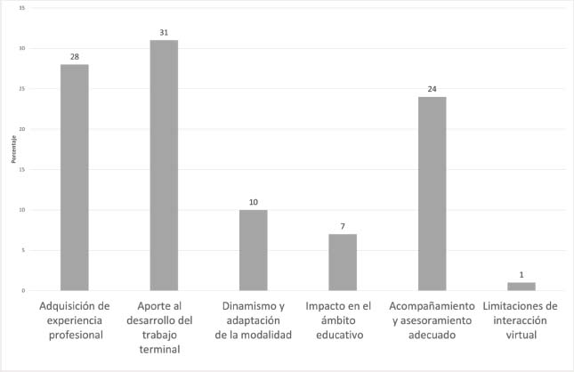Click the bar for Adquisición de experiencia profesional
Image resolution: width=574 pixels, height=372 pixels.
click(x=75, y=177)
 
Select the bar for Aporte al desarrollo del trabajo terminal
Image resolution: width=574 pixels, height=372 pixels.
click(x=164, y=166)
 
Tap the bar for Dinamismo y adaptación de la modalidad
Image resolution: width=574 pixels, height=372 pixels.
click(x=253, y=250)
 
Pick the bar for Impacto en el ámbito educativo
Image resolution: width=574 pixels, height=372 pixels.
click(x=343, y=263)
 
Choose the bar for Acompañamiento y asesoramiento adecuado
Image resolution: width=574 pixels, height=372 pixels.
click(x=432, y=193)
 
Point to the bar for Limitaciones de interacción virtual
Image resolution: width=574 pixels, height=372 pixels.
click(x=521, y=287)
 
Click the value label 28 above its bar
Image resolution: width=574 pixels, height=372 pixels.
click(x=75, y=57)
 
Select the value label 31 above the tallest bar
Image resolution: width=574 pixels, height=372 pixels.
click(x=164, y=33)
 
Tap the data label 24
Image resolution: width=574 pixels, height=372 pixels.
click(x=432, y=89)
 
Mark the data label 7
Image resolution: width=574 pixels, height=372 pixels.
click(x=343, y=227)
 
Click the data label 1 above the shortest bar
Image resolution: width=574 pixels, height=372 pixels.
click(x=521, y=275)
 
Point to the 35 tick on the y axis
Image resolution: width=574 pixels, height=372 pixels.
click(x=21, y=8)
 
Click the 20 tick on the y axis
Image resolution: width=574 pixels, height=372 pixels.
click(x=21, y=129)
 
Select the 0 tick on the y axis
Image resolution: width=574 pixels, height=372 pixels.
click(x=22, y=291)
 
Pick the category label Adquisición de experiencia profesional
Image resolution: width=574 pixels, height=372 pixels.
click(x=75, y=319)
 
